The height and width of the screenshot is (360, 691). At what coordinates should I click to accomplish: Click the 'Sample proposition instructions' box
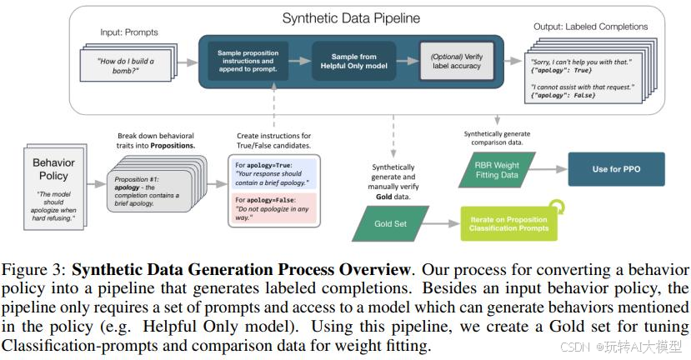(248, 62)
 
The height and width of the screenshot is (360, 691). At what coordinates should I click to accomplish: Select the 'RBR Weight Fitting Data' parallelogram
(498, 169)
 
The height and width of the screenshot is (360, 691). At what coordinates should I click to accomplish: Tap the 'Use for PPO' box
(615, 169)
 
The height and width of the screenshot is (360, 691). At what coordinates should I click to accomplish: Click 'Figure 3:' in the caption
(36, 271)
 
